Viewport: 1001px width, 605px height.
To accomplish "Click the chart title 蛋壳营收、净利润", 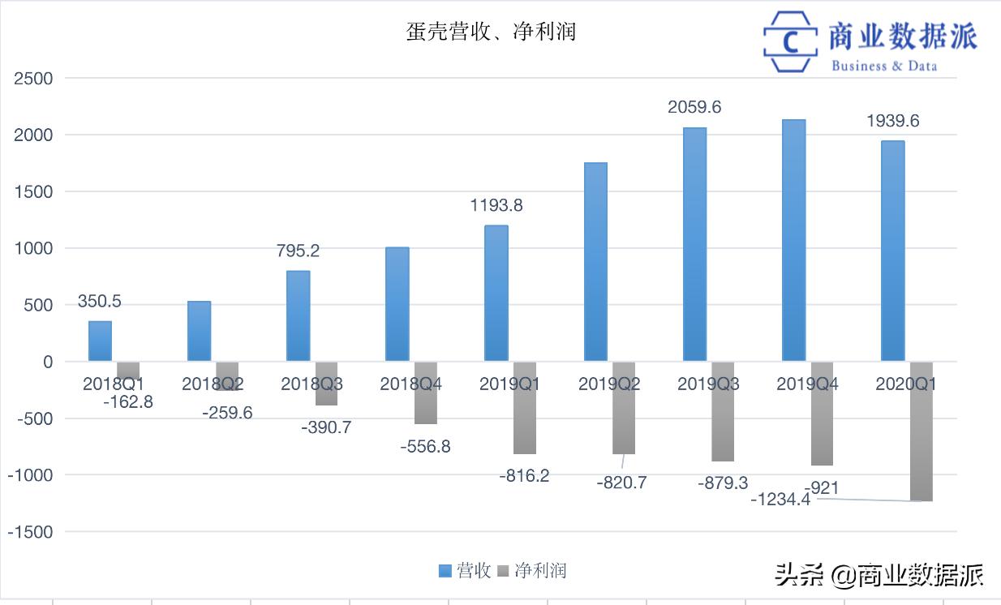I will point(491,32).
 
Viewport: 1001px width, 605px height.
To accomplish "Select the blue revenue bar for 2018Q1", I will point(100,341).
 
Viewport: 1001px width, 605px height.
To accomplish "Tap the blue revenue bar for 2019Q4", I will point(793,240).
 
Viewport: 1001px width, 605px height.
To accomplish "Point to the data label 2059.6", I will point(694,107).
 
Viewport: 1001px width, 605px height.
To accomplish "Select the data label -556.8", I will point(425,446).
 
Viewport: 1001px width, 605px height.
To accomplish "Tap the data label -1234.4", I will point(780,500).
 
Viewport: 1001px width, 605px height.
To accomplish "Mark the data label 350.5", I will point(99,302).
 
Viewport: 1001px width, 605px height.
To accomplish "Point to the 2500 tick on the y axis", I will point(33,79).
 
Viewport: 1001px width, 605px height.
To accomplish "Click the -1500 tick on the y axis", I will point(30,532).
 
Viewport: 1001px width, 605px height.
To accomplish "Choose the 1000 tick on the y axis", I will point(33,249).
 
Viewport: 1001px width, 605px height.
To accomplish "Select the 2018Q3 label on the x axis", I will point(311,384).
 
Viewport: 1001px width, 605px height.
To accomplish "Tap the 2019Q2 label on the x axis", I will point(609,384).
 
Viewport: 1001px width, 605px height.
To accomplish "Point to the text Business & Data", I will point(883,66).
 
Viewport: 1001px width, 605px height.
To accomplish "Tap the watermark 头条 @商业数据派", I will point(879,575).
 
